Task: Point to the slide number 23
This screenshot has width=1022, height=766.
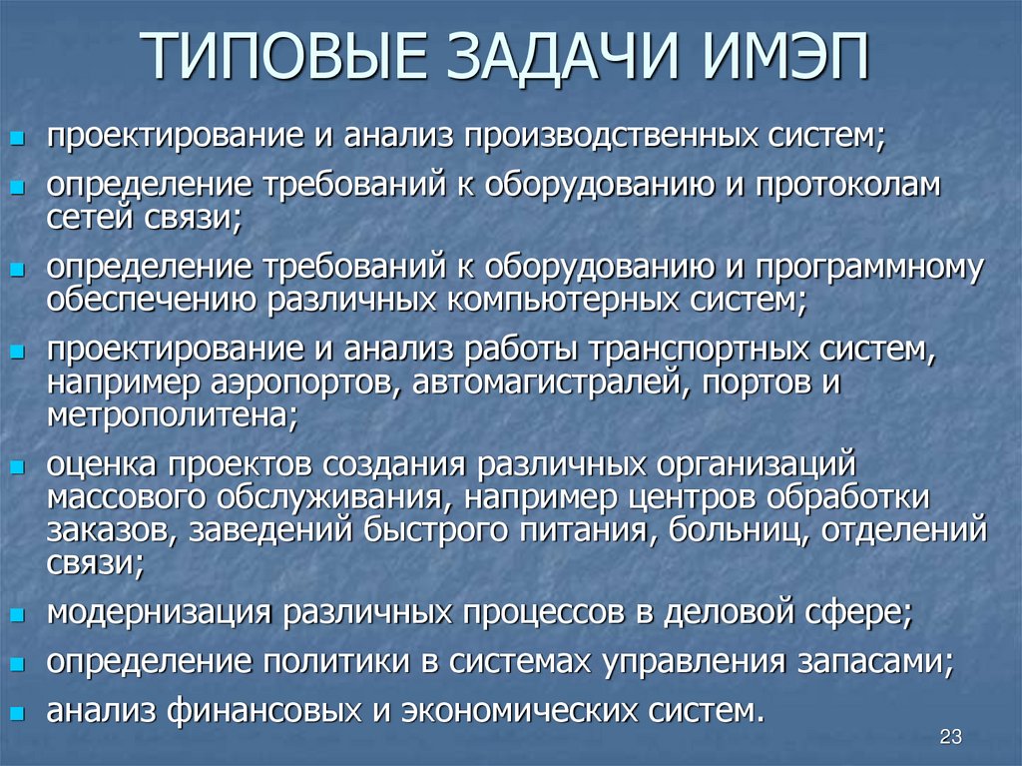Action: point(949,737)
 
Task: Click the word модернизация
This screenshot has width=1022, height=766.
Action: point(160,611)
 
